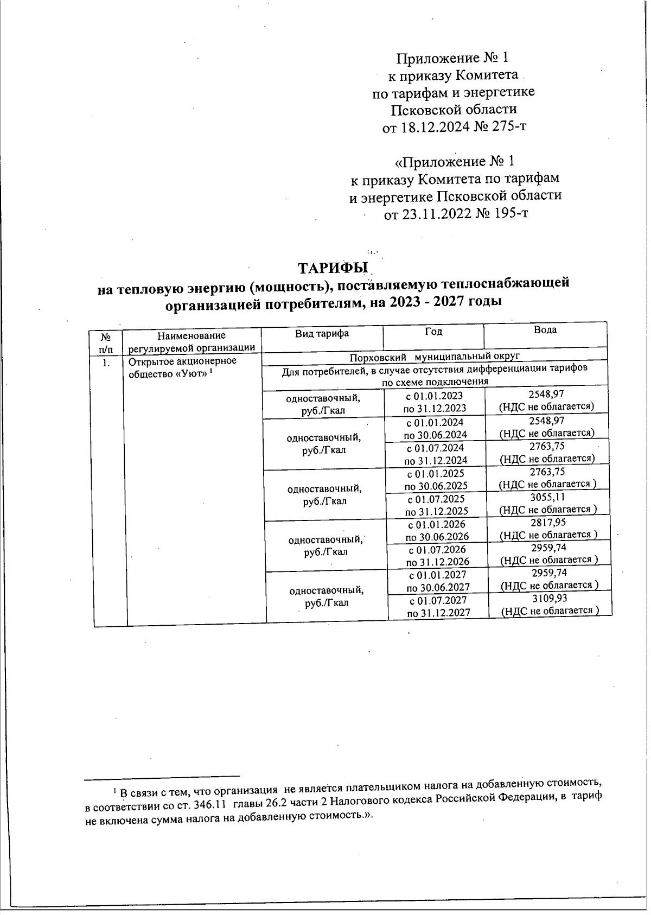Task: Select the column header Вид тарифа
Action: (x=322, y=333)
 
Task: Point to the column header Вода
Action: (x=545, y=330)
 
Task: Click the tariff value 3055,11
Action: (x=548, y=498)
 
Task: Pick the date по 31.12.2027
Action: (x=438, y=613)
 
